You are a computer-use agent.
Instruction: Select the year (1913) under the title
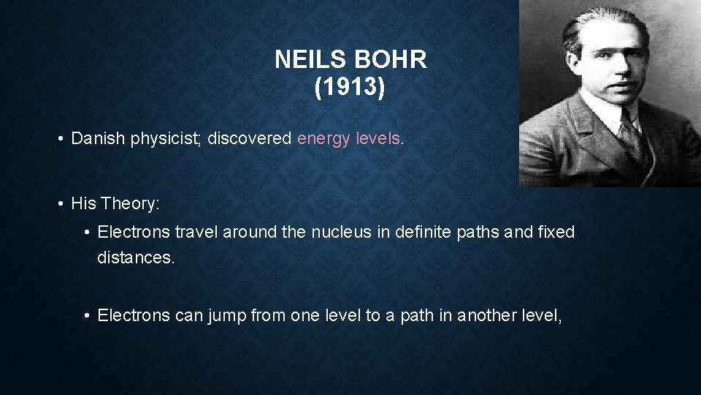tap(350, 89)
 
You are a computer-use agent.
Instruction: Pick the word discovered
tap(250, 139)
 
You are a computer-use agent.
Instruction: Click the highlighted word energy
tap(323, 139)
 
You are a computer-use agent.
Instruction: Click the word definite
tap(423, 233)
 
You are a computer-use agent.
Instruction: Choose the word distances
tap(136, 258)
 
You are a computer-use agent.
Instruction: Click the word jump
tap(226, 315)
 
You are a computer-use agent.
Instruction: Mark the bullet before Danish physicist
tap(58, 140)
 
